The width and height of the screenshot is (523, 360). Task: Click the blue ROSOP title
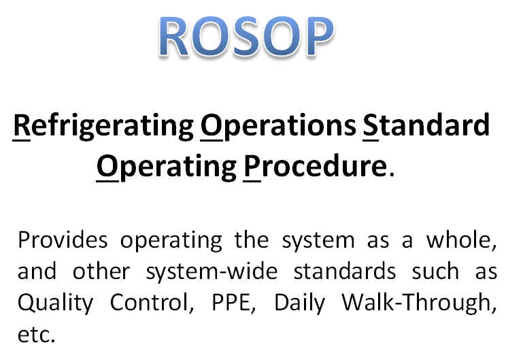pyautogui.click(x=246, y=36)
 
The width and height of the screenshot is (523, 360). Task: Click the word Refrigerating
pyautogui.click(x=103, y=126)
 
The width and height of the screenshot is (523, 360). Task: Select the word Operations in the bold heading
pyautogui.click(x=279, y=126)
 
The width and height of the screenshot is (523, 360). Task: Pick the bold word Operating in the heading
pyautogui.click(x=167, y=167)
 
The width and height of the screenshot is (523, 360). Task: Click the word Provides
pyautogui.click(x=63, y=240)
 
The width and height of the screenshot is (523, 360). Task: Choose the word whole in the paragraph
pyautogui.click(x=461, y=240)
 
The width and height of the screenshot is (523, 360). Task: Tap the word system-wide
pyautogui.click(x=212, y=272)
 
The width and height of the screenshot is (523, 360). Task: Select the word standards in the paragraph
pyautogui.click(x=345, y=271)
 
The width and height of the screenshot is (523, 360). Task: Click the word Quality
pyautogui.click(x=55, y=304)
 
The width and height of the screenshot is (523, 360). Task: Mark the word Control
pyautogui.click(x=152, y=303)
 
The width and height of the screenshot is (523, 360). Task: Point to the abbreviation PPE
pyautogui.click(x=234, y=303)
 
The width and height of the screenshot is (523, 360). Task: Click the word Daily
pyautogui.click(x=299, y=304)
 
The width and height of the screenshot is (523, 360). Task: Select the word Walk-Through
pyautogui.click(x=419, y=304)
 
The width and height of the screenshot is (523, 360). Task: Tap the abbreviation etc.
pyautogui.click(x=36, y=335)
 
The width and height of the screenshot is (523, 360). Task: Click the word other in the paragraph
pyautogui.click(x=101, y=271)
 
